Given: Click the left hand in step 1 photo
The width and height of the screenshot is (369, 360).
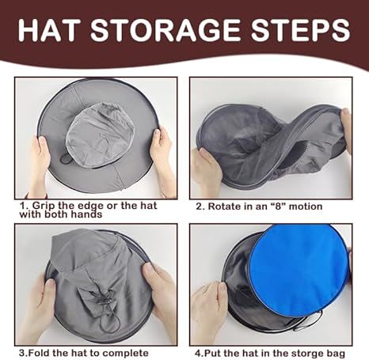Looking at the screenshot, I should pyautogui.click(x=39, y=162).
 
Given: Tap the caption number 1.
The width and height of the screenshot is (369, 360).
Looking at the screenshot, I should pyautogui.click(x=21, y=205).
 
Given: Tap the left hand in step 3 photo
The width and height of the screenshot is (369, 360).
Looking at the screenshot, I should pyautogui.click(x=36, y=305).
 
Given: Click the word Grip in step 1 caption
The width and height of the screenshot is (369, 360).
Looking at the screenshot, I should pyautogui.click(x=43, y=205).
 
